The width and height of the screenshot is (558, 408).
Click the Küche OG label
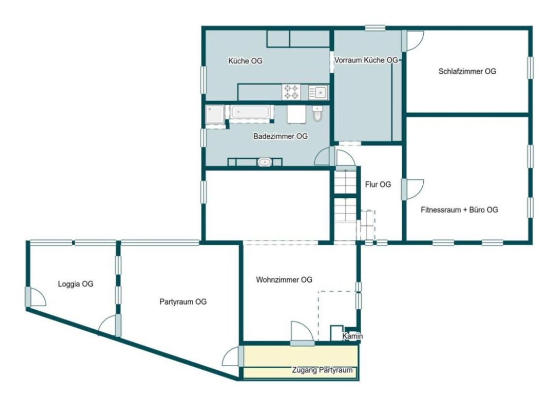point(245,61)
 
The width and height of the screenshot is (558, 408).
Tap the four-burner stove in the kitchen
point(292,92)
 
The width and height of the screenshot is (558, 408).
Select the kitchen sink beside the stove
point(318,92)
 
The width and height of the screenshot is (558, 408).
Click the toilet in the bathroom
point(318,113)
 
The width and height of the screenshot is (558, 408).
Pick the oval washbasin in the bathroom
point(264,162)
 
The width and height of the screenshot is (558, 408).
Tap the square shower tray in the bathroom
point(214,115)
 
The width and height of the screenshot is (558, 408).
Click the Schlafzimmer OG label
point(467,71)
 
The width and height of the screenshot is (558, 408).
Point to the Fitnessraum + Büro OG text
point(459,210)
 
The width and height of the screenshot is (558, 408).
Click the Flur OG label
point(378,184)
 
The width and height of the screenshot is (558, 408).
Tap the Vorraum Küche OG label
point(366,60)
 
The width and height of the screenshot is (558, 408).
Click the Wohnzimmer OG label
point(284,280)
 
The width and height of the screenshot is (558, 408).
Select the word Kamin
point(352,336)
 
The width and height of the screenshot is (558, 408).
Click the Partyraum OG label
point(183,302)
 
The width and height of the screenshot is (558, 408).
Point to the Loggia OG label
point(75,284)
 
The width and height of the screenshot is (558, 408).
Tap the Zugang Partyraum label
point(322,370)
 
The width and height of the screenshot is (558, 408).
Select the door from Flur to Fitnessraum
point(413,189)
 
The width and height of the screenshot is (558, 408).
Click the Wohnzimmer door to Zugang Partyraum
point(302,333)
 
